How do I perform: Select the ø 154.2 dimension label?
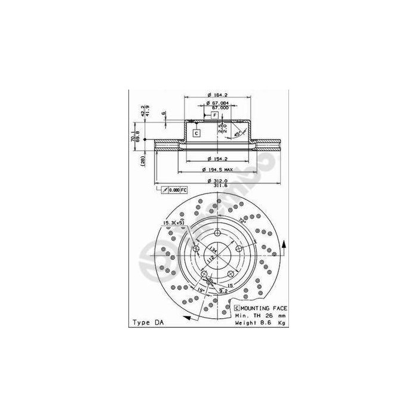click(215, 159)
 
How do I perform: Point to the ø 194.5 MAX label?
click(217, 170)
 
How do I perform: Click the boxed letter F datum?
click(213, 114)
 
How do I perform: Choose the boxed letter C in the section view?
click(195, 133)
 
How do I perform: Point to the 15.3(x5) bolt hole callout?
click(173, 223)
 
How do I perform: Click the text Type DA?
click(147, 322)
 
